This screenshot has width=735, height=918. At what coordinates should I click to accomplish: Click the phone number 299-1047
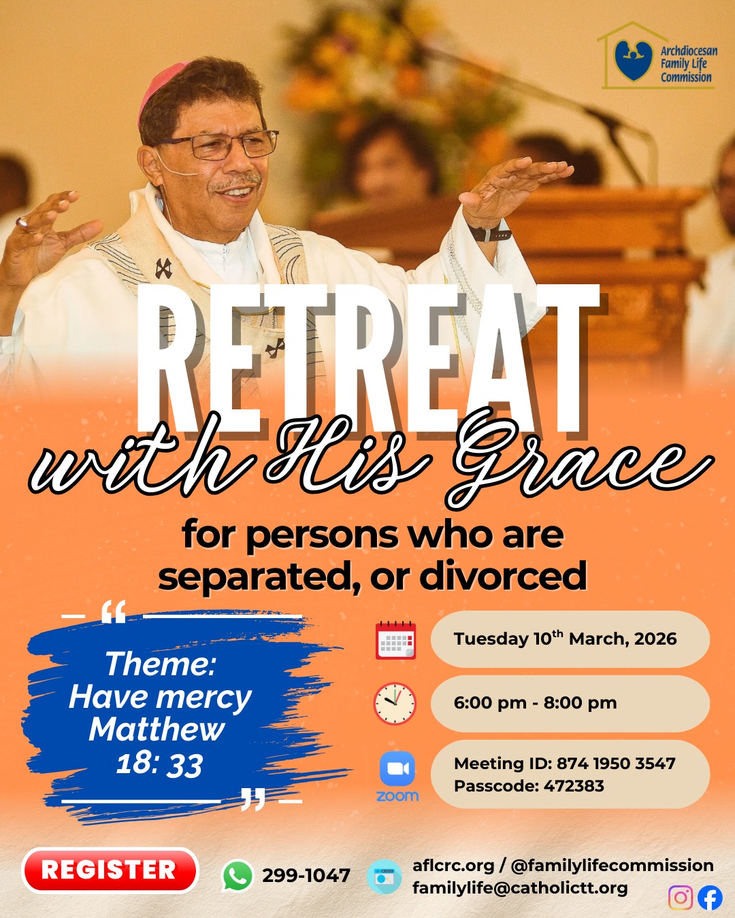(306, 876)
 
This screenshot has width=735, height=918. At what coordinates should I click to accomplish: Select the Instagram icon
(681, 897)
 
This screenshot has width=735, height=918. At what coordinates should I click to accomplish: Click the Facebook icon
(710, 897)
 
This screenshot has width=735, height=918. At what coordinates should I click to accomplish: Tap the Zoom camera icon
(397, 768)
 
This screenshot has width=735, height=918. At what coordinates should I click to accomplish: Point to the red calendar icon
(395, 640)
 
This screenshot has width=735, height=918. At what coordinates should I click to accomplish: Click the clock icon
(395, 703)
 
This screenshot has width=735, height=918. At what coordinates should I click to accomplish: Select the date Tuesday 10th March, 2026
(565, 639)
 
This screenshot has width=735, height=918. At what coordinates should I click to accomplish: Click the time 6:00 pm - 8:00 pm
(535, 702)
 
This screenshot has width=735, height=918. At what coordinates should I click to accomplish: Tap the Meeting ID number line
(565, 763)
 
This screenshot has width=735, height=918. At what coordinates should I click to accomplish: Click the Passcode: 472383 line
(529, 785)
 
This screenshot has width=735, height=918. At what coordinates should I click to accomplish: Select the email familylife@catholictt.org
(520, 888)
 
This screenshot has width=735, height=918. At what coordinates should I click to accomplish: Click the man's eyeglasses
(220, 145)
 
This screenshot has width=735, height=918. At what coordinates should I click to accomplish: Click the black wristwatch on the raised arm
(490, 233)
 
